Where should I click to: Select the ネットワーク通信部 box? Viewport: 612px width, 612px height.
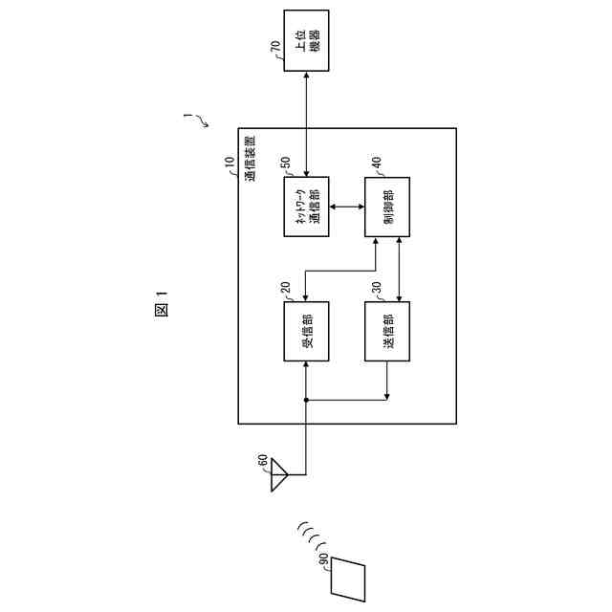coord(306,206)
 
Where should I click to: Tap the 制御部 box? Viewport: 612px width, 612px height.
coord(388,206)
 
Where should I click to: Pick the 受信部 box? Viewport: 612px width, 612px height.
coord(306,331)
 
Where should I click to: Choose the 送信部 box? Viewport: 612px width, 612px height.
coord(388,331)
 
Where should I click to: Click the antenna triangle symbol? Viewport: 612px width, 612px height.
coord(278,473)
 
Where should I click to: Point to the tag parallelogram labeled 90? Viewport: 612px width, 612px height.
coord(349,579)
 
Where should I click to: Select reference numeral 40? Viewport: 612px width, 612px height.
coord(376,163)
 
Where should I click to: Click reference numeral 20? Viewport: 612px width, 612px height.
coord(284,289)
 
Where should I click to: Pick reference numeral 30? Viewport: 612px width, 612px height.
coord(376,288)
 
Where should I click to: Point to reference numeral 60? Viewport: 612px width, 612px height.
coord(262,461)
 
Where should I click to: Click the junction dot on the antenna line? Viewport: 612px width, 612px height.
coord(306,400)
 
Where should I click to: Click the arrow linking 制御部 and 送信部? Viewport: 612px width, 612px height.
coord(397,269)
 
